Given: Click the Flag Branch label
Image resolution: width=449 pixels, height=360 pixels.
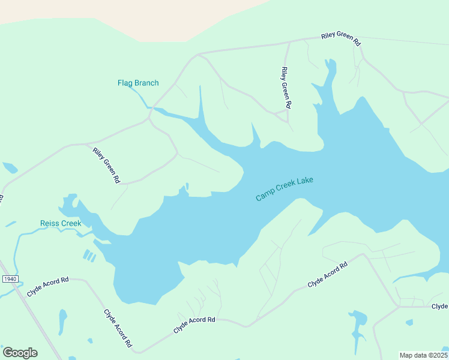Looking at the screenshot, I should click(x=138, y=83).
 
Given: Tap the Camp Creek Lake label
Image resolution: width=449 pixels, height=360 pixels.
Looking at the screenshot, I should click(x=285, y=189).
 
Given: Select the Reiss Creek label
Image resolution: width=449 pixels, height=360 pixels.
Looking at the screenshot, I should click(x=61, y=224).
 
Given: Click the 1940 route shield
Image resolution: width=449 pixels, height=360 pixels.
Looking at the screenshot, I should click(x=10, y=279).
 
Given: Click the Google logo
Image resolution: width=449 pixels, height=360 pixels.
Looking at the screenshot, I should click(x=20, y=353).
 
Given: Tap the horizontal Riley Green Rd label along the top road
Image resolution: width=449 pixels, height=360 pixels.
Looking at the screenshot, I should click(x=340, y=40).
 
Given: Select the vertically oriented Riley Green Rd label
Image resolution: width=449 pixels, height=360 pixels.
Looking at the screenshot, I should click(x=285, y=88).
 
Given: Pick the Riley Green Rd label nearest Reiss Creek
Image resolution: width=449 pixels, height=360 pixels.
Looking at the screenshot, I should click(x=106, y=165).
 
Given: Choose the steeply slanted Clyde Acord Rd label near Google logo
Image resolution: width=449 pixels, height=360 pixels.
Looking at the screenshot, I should click(x=117, y=328).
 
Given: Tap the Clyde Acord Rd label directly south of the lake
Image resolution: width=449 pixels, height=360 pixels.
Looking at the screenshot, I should click(x=194, y=325).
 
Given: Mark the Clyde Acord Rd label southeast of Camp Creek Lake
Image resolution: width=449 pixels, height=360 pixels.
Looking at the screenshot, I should click(x=327, y=274).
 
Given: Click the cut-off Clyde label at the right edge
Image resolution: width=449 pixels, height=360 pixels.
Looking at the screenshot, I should click(x=439, y=307).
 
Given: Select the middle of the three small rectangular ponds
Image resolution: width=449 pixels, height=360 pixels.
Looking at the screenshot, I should click(x=89, y=256).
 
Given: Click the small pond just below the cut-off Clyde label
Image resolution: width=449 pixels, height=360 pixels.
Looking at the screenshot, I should click(x=409, y=322).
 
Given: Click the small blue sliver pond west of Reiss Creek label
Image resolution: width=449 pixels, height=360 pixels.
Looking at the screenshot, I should click(x=10, y=224).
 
